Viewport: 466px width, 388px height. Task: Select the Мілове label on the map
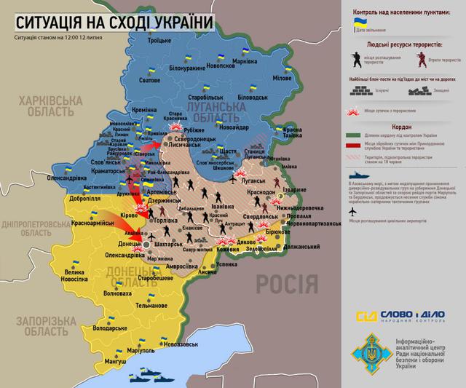[283, 77]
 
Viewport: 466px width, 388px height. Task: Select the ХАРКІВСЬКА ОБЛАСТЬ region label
[50, 106]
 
